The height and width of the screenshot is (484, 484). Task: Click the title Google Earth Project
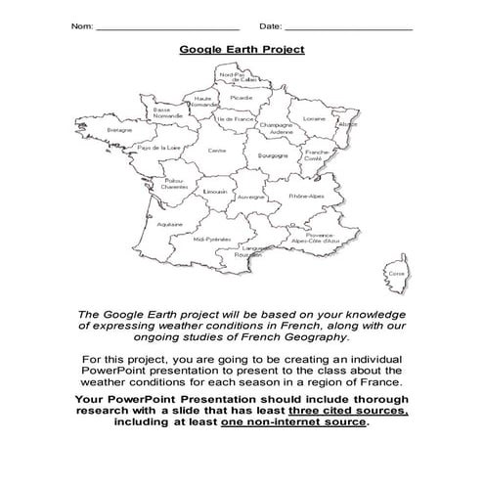(x=242, y=49)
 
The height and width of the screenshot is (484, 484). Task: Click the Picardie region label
(x=241, y=98)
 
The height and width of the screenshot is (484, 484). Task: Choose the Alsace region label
(x=346, y=124)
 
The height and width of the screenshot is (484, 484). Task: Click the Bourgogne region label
(x=272, y=154)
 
